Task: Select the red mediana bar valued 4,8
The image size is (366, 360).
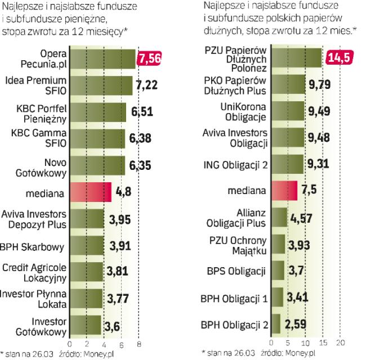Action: (91, 193)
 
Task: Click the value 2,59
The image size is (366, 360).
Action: (295, 324)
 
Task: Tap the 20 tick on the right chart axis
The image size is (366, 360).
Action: (341, 341)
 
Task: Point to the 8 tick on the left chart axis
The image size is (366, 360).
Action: (139, 341)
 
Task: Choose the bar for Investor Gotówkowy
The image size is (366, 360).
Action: (86, 325)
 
